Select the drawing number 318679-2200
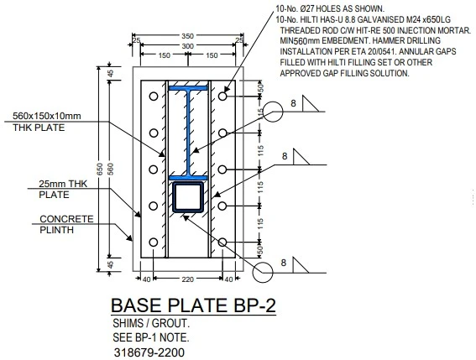[149, 352]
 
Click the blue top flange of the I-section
[191, 88]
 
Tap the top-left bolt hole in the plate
[153, 97]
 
